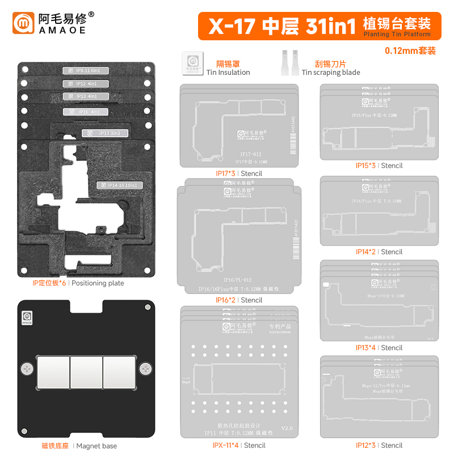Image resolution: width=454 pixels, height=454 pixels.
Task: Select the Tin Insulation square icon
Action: (x=192, y=64)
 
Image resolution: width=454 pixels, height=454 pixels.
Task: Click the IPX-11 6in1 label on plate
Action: (x=88, y=71)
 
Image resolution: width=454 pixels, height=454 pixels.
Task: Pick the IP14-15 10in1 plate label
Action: (x=119, y=185)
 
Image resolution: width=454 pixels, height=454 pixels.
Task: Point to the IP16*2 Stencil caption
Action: (x=238, y=300)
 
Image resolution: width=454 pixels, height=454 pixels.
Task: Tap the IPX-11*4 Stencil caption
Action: (x=238, y=445)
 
